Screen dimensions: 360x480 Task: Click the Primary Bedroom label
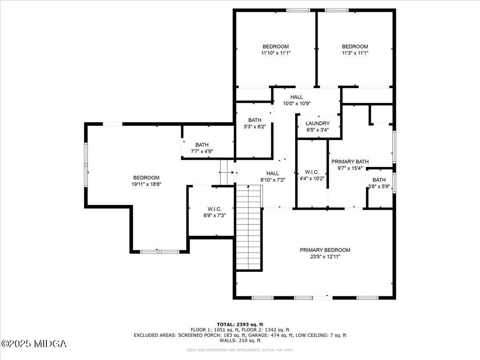[325, 250]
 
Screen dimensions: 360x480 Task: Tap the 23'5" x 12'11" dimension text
[325, 257]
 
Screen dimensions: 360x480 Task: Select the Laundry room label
[318, 123]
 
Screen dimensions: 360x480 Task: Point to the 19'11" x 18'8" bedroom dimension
[146, 184]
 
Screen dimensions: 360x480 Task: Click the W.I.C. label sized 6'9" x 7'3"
[214, 209]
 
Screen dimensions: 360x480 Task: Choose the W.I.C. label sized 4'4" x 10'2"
[312, 172]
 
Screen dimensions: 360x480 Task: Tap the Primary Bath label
[350, 162]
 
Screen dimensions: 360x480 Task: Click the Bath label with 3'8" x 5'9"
[379, 180]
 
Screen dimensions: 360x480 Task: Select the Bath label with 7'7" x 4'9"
[202, 145]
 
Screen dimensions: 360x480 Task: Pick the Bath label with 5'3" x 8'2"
[254, 120]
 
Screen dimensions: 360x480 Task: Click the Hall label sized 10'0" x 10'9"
[296, 97]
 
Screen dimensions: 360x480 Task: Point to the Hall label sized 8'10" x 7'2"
[272, 173]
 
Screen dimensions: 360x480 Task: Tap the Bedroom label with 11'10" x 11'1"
[275, 46]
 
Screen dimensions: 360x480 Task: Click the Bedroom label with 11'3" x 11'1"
[355, 46]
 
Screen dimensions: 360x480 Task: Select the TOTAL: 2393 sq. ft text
[240, 324]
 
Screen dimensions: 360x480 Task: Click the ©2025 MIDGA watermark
[34, 344]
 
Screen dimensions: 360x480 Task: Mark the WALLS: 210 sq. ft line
[240, 341]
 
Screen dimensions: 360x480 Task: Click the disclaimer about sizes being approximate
[240, 350]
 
